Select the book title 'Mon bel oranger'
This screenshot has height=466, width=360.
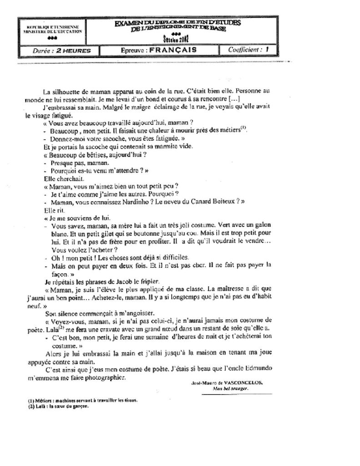tap(227, 389)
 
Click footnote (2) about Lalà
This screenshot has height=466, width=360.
tap(58, 406)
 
